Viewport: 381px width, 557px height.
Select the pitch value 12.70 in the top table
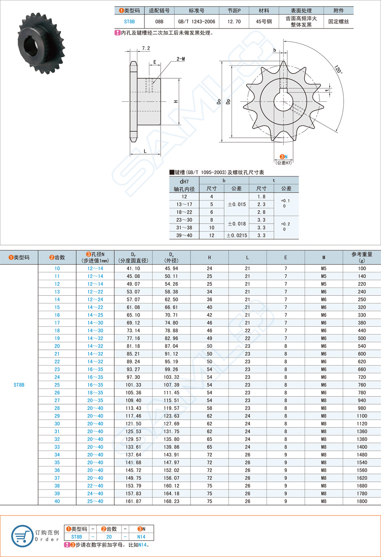click(234, 21)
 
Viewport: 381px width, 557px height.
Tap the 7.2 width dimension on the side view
click(146, 49)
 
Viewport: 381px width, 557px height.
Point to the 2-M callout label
click(180, 59)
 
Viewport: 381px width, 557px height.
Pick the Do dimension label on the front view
click(219, 101)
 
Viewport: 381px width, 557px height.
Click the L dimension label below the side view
click(145, 151)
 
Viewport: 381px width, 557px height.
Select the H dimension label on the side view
click(176, 101)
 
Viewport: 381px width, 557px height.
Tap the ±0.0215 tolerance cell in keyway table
click(237, 235)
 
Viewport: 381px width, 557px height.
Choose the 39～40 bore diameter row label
click(184, 235)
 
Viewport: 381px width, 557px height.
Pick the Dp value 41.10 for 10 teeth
click(133, 268)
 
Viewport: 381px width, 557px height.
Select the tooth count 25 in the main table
click(57, 385)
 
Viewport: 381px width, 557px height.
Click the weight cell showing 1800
click(362, 501)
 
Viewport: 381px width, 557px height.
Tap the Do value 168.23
click(171, 501)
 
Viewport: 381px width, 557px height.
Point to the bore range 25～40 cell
click(95, 501)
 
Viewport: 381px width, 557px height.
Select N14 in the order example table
click(141, 536)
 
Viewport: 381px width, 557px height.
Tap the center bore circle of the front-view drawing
click(283, 101)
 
